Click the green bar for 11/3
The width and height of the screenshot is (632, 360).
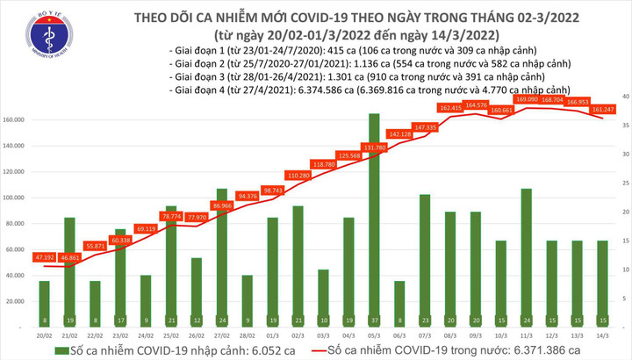coord(526,246)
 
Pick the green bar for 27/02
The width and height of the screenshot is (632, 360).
coord(222,246)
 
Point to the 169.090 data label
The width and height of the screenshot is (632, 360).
coord(526,99)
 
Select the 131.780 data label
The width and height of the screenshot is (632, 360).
coord(375,148)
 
